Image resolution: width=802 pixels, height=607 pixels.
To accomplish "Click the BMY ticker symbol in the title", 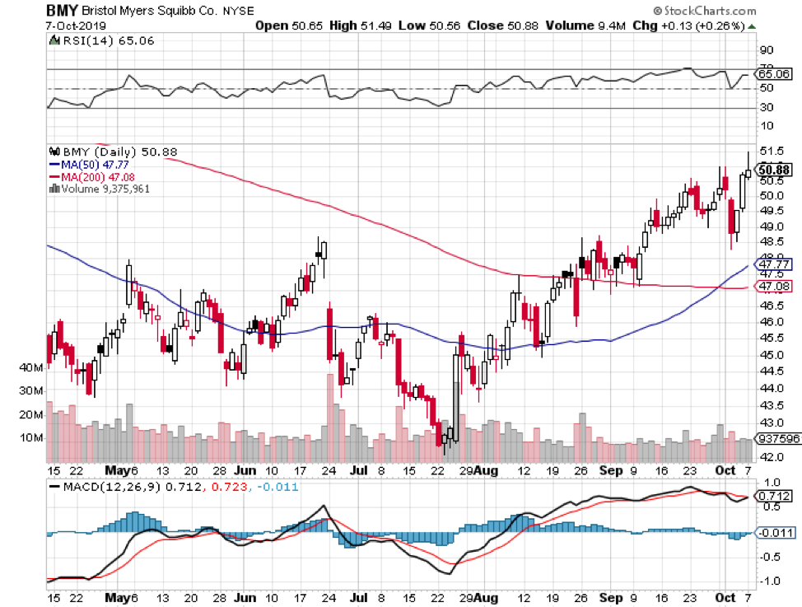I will pyautogui.click(x=63, y=12).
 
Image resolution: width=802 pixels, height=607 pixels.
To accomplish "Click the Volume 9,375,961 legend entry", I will pyautogui.click(x=100, y=188).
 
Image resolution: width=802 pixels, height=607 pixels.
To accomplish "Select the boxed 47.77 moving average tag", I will pyautogui.click(x=775, y=265).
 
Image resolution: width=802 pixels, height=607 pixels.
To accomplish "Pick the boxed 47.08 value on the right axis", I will pyautogui.click(x=775, y=287).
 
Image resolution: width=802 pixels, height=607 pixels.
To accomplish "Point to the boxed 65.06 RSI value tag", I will pyautogui.click(x=776, y=74).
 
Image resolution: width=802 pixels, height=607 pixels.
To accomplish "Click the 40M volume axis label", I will pyautogui.click(x=30, y=367).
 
